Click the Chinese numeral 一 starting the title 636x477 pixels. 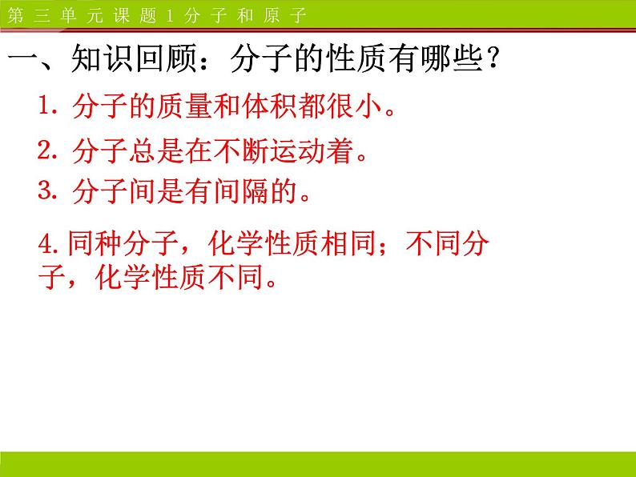(23, 61)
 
